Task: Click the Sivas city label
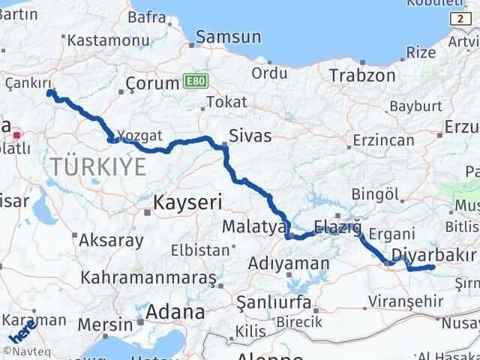[x=250, y=136]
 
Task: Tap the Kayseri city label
[x=187, y=201]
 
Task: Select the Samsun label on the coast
[x=229, y=37]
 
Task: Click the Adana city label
[x=175, y=310]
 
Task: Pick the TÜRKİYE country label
[x=97, y=166]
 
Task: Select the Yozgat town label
[x=141, y=136]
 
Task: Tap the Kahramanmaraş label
[x=148, y=278]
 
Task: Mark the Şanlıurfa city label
[x=273, y=302]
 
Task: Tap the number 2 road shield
[x=457, y=16]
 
